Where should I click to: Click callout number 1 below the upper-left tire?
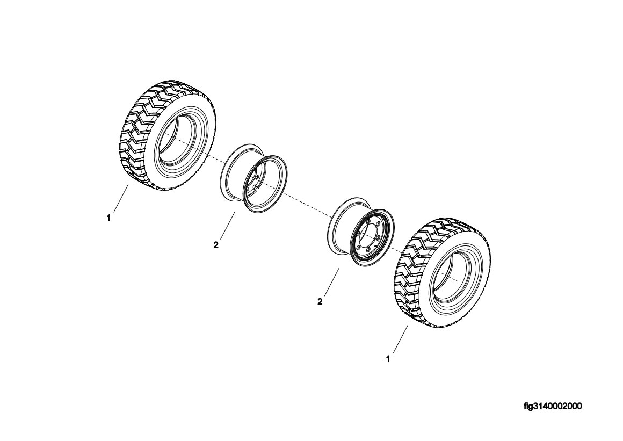[x=108, y=218]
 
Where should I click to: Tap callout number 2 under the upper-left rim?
[x=216, y=245]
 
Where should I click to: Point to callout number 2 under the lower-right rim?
[x=320, y=302]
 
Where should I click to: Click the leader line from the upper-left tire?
[x=120, y=200]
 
